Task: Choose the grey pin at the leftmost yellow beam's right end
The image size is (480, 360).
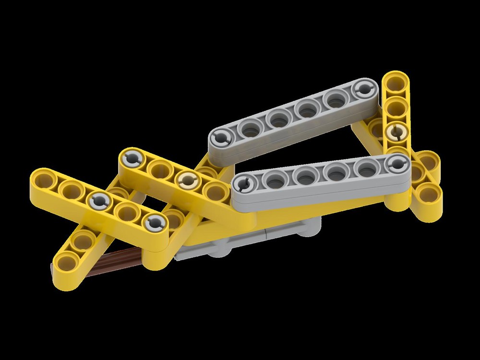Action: [155, 221]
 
